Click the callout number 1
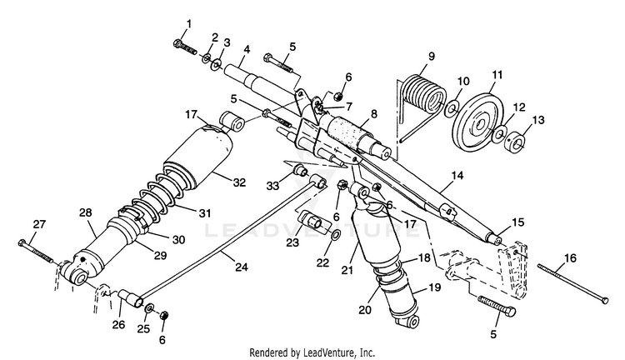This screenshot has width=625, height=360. pyautogui.click(x=189, y=24)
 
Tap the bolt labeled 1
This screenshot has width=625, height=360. pyautogui.click(x=184, y=47)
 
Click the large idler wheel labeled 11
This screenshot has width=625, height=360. pyautogui.click(x=478, y=122)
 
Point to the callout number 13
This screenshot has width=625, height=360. pyautogui.click(x=538, y=120)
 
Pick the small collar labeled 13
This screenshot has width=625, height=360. pyautogui.click(x=516, y=140)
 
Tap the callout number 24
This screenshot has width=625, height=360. pyautogui.click(x=242, y=267)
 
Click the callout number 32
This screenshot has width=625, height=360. pyautogui.click(x=239, y=182)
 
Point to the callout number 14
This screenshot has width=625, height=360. pyautogui.click(x=458, y=175)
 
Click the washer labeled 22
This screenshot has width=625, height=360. pyautogui.click(x=336, y=235)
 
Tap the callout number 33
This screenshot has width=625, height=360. pyautogui.click(x=273, y=186)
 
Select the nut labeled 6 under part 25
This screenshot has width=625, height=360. pyautogui.click(x=164, y=315)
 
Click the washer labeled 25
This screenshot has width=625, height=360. pyautogui.click(x=150, y=308)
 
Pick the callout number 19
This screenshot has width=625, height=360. pyautogui.click(x=435, y=287)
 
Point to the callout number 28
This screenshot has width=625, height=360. pyautogui.click(x=86, y=212)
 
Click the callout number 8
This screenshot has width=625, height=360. pyautogui.click(x=374, y=114)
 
